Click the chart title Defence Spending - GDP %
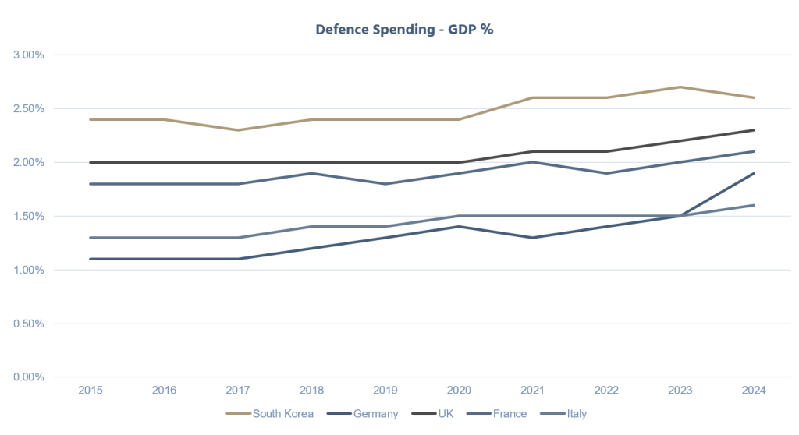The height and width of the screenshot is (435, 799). click(x=399, y=29)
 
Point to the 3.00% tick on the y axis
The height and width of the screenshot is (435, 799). click(x=28, y=55)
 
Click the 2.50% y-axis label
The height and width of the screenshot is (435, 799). click(x=28, y=109)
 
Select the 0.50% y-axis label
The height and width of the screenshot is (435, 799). click(x=28, y=324)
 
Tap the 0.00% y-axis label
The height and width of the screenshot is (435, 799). click(x=28, y=377)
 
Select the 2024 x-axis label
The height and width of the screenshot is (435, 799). click(x=755, y=391)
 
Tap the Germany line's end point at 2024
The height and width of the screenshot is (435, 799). click(x=755, y=173)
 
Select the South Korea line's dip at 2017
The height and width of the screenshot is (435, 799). click(x=239, y=130)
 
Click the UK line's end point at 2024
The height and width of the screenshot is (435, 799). click(x=755, y=130)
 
